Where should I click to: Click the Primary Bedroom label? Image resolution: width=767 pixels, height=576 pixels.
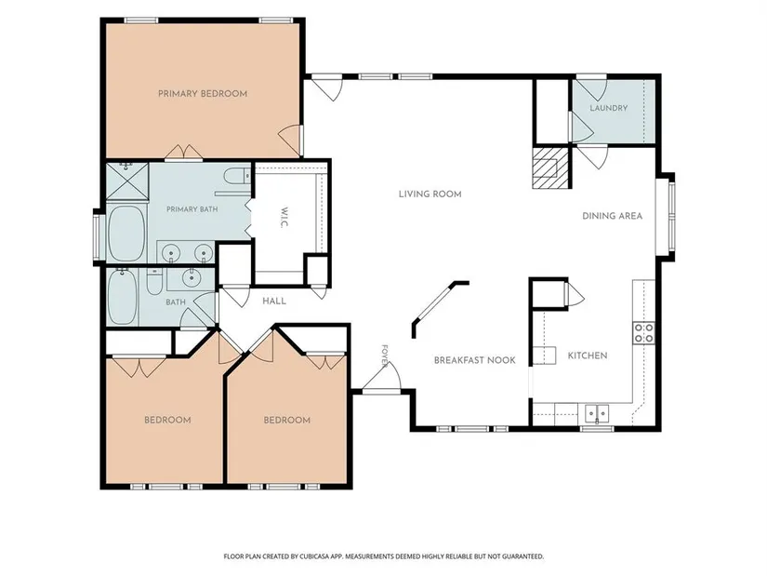coord(203,94)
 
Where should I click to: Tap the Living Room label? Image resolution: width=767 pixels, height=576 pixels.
coord(430,194)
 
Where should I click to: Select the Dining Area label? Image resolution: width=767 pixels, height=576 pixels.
coord(612,216)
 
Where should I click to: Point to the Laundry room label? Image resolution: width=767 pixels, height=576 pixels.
coord(609,108)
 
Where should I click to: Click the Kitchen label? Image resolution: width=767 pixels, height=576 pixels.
coord(588,355)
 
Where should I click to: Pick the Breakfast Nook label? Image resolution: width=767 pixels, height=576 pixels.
coord(474,360)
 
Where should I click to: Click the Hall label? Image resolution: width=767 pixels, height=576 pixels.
coord(274,301)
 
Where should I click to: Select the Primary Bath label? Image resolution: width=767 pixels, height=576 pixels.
coord(192,209)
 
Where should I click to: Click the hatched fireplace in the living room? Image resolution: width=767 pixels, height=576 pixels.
coord(550,168)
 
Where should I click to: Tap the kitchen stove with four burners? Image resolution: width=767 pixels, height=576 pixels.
coord(643,333)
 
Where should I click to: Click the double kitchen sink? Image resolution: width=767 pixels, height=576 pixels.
coord(597,414)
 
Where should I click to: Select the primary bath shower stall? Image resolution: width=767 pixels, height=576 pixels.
coord(127,181)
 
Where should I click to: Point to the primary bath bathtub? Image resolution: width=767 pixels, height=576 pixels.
coord(126,234)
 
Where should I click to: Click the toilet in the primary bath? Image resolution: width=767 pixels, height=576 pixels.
coord(237,175)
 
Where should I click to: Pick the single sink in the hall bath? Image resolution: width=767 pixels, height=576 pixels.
coord(190,277)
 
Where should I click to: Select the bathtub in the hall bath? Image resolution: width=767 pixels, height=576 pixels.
coord(122,298)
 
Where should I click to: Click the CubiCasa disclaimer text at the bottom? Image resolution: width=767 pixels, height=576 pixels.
coord(383,556)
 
